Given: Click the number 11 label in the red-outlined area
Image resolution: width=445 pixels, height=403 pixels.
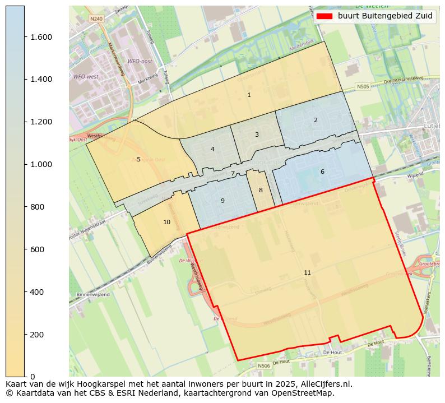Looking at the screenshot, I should pyautogui.click(x=307, y=272).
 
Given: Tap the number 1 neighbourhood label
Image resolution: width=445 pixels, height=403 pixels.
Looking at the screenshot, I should pyautogui.click(x=249, y=95).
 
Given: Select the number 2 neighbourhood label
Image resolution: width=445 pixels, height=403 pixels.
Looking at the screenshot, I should pyautogui.click(x=316, y=120).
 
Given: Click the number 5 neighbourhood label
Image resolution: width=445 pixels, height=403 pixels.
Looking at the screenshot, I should pyautogui.click(x=138, y=159).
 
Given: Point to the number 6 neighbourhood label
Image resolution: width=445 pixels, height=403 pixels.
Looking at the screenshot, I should pyautogui.click(x=322, y=172).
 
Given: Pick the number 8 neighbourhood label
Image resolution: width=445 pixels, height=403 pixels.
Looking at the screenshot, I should pyautogui.click(x=261, y=190).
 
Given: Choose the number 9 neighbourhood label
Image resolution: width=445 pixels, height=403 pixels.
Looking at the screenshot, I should pyautogui.click(x=222, y=201).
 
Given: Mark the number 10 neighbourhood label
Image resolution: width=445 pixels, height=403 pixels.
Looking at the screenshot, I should pyautogui.click(x=166, y=222).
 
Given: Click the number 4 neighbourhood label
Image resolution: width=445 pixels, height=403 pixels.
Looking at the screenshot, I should pyautogui.click(x=212, y=149).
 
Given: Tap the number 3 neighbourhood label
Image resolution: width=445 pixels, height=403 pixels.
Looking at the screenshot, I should pyautogui.click(x=257, y=135).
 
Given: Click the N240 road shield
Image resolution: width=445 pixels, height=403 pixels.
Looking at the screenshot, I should pyautogui.click(x=96, y=18).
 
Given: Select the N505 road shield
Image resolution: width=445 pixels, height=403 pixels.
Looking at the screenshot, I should pyautogui.click(x=363, y=87).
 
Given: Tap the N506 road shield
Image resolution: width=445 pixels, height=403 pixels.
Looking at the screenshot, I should pyautogui.click(x=264, y=365).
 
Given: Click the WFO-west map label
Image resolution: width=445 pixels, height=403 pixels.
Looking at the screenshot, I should pyautogui.click(x=86, y=76).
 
